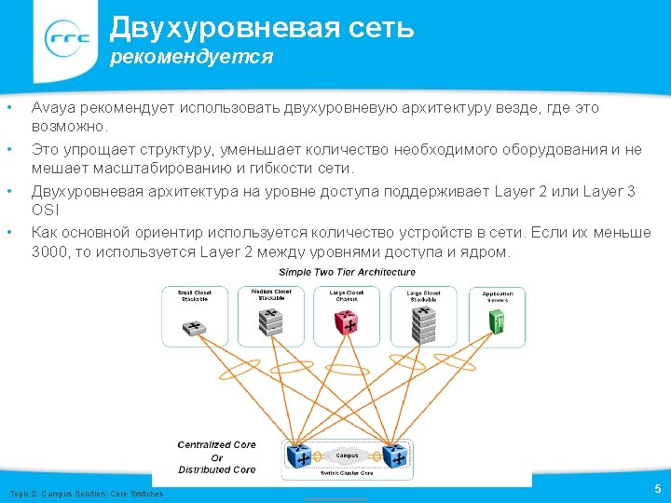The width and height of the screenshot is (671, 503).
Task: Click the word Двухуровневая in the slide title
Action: click(198, 28)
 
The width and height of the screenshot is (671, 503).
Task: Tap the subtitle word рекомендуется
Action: click(191, 58)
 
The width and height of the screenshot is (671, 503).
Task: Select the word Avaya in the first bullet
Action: click(51, 108)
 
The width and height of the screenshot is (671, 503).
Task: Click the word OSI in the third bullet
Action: click(45, 211)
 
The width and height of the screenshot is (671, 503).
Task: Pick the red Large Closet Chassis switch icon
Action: click(348, 322)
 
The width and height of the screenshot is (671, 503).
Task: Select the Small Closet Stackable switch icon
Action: click(195, 327)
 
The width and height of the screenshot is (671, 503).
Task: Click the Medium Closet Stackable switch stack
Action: click(271, 321)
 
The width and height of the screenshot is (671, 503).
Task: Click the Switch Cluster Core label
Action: click(348, 474)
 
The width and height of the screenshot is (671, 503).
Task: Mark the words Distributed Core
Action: click(217, 469)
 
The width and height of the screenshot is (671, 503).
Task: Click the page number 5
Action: click(658, 488)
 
